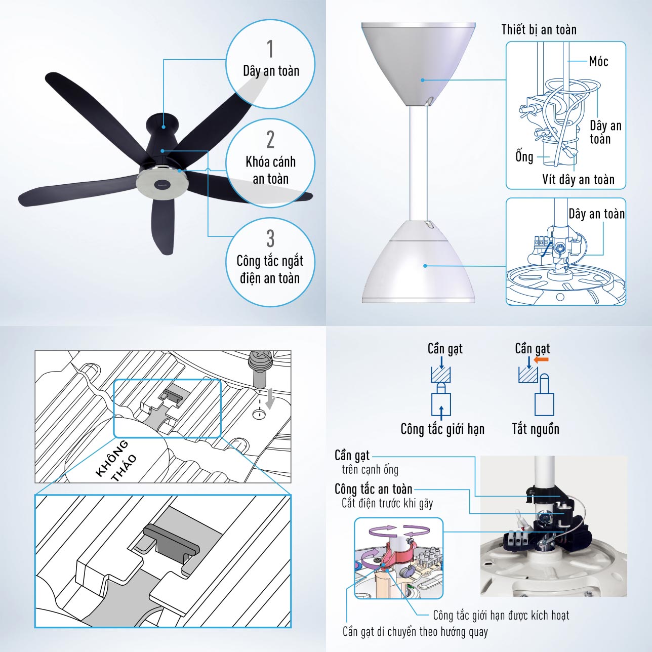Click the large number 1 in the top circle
point(270,49)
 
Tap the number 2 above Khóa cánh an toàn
point(270,139)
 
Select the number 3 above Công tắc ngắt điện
point(270,238)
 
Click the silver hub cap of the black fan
point(161,184)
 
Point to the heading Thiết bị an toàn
point(539,29)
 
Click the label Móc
point(598,61)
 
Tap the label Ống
point(524,156)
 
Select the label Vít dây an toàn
point(578,179)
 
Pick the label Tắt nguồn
point(535,429)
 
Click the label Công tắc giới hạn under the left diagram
point(442,429)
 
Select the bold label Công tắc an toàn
point(373,490)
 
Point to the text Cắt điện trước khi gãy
point(387,504)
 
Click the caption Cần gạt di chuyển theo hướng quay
point(415,631)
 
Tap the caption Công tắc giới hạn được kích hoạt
point(501,615)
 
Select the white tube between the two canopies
point(418,164)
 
